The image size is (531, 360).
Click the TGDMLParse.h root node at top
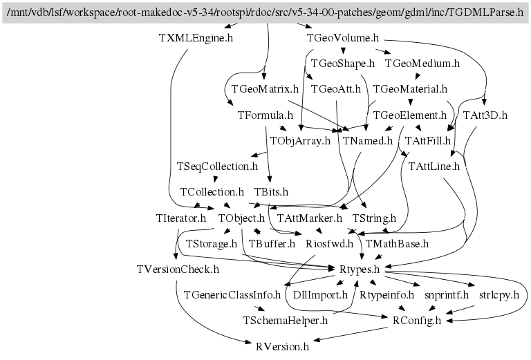pyautogui.click(x=265, y=12)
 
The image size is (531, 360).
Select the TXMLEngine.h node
pyautogui.click(x=196, y=38)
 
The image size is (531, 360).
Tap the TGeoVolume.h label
pyautogui.click(x=342, y=38)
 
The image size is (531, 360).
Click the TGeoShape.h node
pyautogui.click(x=342, y=64)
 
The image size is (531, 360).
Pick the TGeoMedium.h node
pyautogui.click(x=422, y=64)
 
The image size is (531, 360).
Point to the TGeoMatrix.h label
pyautogui.click(x=265, y=89)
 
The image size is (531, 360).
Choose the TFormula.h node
pyautogui.click(x=265, y=115)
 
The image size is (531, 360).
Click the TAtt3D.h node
pyautogui.click(x=485, y=115)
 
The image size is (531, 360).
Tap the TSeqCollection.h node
pyautogui.click(x=217, y=167)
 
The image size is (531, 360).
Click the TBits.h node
pyautogui.click(x=271, y=191)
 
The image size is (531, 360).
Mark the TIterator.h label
pyautogui.click(x=181, y=218)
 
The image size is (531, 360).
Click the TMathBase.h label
pyautogui.click(x=397, y=243)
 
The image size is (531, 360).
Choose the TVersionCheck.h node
pyautogui.click(x=178, y=269)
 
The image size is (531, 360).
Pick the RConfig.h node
pyautogui.click(x=416, y=320)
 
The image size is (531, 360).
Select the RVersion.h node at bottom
pyautogui.click(x=282, y=345)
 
